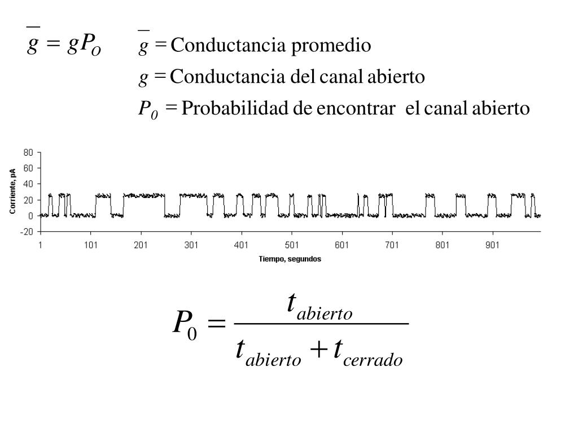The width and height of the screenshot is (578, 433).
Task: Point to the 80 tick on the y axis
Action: (x=28, y=152)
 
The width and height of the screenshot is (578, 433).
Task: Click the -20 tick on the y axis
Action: (x=27, y=232)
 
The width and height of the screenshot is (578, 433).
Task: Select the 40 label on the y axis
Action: (x=28, y=184)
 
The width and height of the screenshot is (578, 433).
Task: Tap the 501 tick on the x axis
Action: (x=291, y=245)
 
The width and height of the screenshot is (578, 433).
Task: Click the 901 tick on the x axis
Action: (x=493, y=245)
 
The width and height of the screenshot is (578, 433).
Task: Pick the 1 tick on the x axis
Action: (x=40, y=245)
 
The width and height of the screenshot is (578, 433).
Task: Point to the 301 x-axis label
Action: (x=191, y=245)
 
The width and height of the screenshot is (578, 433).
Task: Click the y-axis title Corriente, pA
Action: (x=12, y=192)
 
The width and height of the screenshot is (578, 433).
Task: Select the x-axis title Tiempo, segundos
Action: (x=290, y=259)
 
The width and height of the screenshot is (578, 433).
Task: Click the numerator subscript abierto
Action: (x=325, y=313)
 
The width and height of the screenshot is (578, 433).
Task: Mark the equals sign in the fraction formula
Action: (x=216, y=324)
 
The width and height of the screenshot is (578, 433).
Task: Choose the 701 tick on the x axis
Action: (x=392, y=245)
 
